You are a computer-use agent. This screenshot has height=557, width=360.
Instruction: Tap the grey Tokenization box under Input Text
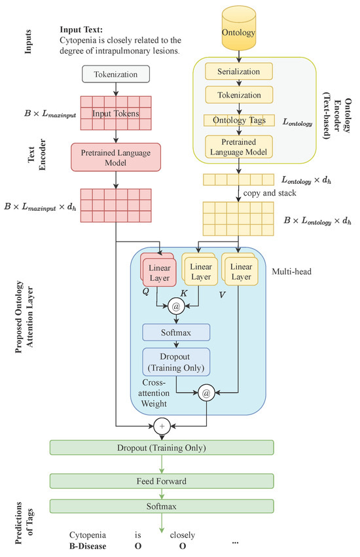click(x=115, y=75)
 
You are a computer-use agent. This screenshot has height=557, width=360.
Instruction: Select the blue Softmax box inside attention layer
click(x=176, y=332)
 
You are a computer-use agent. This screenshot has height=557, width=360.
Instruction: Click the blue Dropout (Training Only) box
click(x=176, y=362)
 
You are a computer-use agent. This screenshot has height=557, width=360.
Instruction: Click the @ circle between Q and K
click(x=175, y=305)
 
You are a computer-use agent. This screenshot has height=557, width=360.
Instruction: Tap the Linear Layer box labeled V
click(x=240, y=272)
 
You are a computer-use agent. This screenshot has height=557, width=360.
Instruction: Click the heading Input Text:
click(x=82, y=30)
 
